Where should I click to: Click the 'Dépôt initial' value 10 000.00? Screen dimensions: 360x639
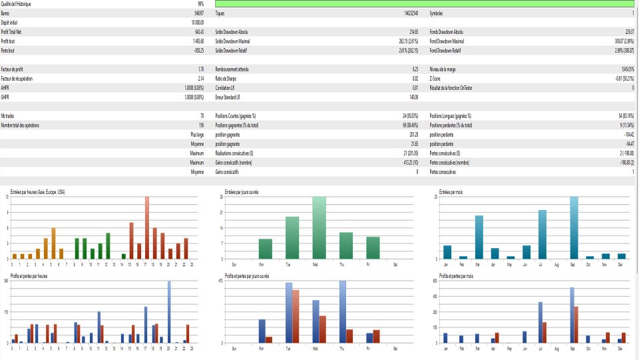193,22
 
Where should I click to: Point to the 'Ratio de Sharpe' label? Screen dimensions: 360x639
226,78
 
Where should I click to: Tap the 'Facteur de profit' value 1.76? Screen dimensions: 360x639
200,69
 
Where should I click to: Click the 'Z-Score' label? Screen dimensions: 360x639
437,78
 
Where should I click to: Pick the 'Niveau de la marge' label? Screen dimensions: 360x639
445,69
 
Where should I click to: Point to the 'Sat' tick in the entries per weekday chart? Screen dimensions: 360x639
395,264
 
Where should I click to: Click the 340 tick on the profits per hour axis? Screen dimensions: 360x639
6,281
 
